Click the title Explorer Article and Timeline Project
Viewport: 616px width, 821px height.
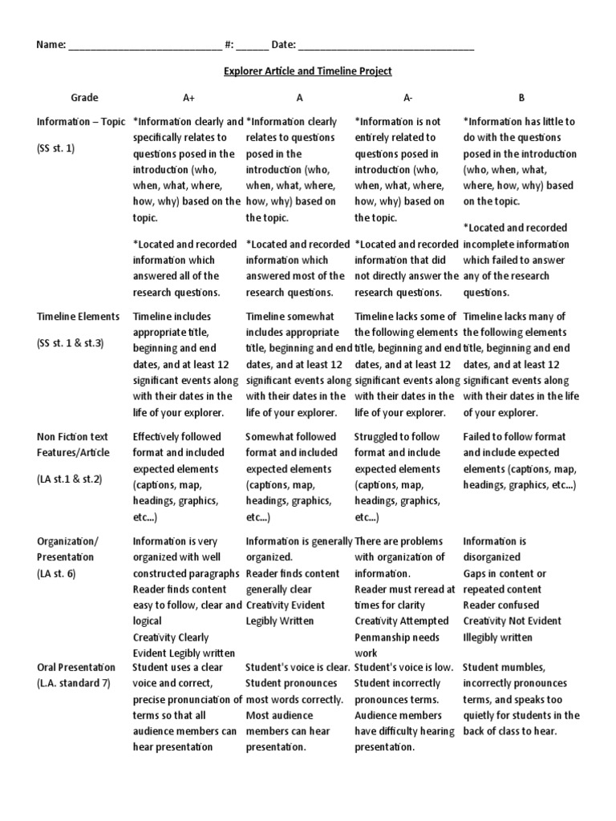(x=307, y=71)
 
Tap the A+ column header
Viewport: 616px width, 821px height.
(x=188, y=98)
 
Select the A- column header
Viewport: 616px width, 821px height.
(x=407, y=98)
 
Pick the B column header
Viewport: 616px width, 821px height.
(x=521, y=98)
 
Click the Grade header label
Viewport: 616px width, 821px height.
(x=84, y=98)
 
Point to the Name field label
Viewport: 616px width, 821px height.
(x=50, y=45)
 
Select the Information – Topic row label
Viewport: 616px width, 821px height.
(x=81, y=122)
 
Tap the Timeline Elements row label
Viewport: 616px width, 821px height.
(x=78, y=317)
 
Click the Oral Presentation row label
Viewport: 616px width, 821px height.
(x=76, y=667)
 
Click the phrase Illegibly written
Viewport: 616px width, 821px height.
(x=497, y=637)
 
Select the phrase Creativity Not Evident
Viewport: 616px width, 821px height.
(x=512, y=621)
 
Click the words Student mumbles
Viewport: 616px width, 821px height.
(x=504, y=667)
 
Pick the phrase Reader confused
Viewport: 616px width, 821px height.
(x=501, y=605)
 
